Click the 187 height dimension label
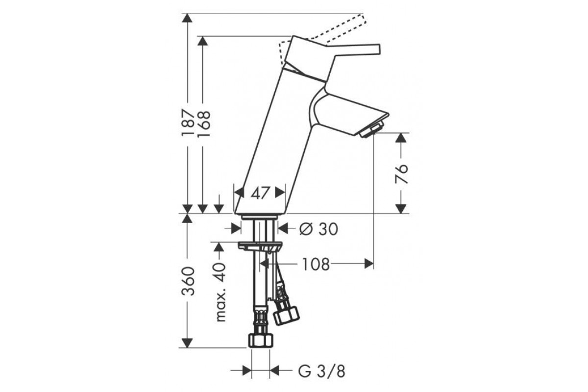click(188, 123)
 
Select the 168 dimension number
click(204, 123)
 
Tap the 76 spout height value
click(402, 174)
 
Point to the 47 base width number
click(260, 193)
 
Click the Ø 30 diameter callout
click(318, 229)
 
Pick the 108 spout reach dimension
click(316, 264)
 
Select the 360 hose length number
click(188, 281)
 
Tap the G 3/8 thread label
click(321, 371)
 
